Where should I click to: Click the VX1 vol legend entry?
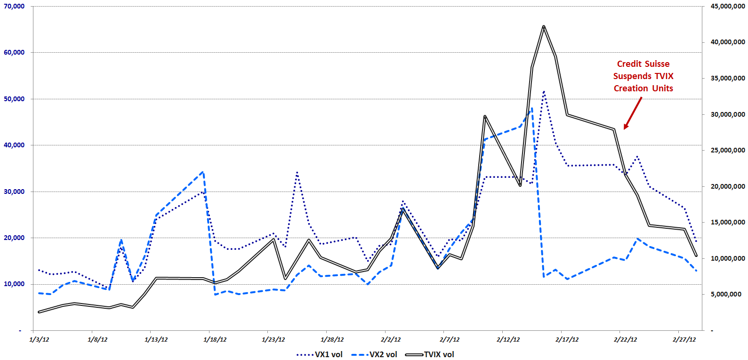pos(320,354)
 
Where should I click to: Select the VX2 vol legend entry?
pos(374,354)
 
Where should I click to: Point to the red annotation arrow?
pos(633,113)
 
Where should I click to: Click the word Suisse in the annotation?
pos(657,64)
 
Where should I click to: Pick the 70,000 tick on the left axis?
pos(14,6)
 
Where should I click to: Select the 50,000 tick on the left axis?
pos(14,99)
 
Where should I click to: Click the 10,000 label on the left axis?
pos(14,284)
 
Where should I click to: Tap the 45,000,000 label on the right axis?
pos(728,6)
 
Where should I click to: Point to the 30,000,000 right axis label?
pos(728,114)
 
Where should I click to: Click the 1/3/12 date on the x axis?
pos(39,339)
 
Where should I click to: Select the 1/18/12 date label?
pos(215,339)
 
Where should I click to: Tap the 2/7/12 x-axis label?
pos(450,339)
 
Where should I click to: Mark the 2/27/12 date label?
pos(684,339)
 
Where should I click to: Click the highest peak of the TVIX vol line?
pos(544,26)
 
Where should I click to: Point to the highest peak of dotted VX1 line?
pos(544,91)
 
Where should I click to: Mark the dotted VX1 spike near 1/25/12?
pos(297,172)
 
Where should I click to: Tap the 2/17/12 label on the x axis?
pos(567,339)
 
